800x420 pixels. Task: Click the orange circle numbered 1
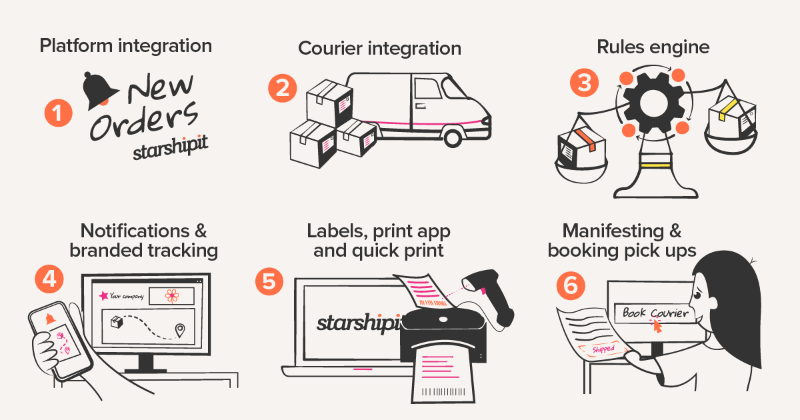[58, 113]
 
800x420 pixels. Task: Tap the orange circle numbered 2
[283, 89]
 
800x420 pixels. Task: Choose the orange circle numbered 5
[269, 281]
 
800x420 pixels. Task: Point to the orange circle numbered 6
[571, 285]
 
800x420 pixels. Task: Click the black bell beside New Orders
[100, 92]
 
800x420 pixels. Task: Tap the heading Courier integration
[379, 49]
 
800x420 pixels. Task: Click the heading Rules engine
[653, 47]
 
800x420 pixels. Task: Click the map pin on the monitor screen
[179, 331]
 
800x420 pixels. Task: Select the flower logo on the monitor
[172, 295]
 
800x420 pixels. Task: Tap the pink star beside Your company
[103, 295]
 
